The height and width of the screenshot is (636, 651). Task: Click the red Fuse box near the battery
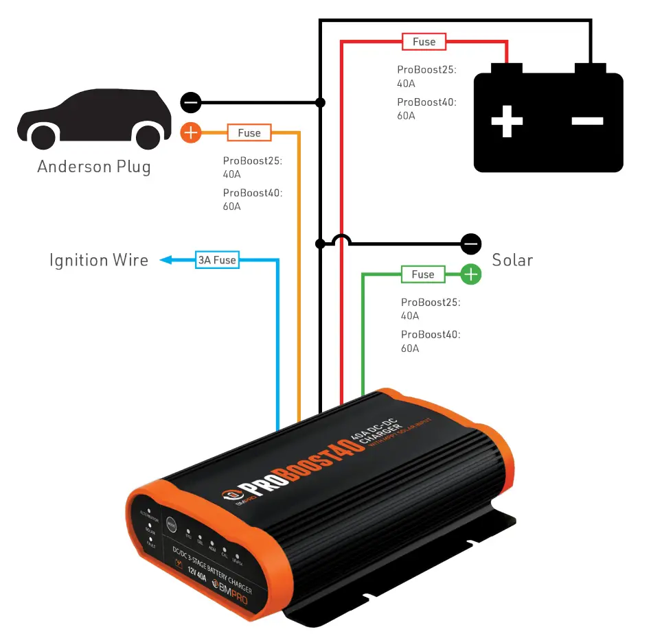click(x=424, y=42)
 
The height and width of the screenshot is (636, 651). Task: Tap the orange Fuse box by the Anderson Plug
click(x=249, y=132)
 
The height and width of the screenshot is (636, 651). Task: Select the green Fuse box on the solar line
click(x=422, y=274)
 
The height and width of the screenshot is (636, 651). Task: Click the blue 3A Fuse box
click(x=217, y=260)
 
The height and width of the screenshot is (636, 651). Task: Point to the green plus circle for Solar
click(x=470, y=274)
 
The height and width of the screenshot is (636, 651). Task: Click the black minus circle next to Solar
click(x=470, y=243)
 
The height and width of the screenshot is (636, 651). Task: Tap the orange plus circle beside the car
click(x=190, y=132)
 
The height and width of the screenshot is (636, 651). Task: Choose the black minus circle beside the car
click(x=190, y=103)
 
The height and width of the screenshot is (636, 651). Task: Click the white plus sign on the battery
click(x=507, y=121)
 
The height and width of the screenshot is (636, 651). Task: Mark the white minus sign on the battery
click(x=588, y=121)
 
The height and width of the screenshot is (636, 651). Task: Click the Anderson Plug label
click(x=94, y=167)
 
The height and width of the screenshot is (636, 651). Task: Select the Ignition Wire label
click(x=99, y=261)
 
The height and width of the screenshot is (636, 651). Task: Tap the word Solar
click(x=512, y=260)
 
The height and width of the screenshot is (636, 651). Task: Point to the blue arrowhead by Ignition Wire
click(x=165, y=260)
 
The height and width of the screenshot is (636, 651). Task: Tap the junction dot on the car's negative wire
click(x=320, y=103)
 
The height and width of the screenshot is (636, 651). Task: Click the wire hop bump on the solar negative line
click(x=341, y=240)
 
